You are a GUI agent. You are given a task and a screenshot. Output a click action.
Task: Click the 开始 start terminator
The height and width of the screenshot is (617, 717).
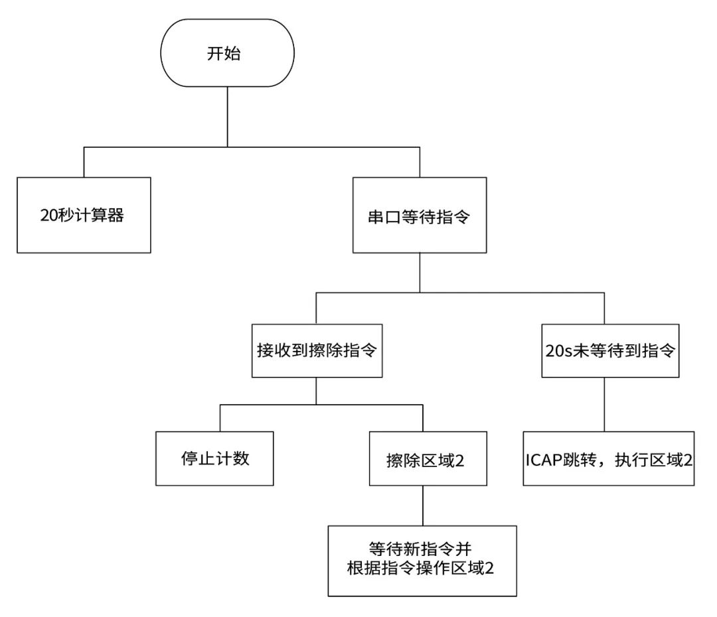(x=228, y=54)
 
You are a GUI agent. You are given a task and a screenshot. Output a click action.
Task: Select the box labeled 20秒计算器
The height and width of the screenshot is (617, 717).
(x=84, y=214)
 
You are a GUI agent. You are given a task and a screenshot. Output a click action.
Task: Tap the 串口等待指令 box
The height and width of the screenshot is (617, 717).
(x=419, y=214)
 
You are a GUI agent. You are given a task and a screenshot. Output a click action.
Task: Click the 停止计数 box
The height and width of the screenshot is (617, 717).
(x=214, y=458)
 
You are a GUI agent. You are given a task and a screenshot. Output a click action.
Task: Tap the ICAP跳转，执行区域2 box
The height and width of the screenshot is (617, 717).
(x=609, y=458)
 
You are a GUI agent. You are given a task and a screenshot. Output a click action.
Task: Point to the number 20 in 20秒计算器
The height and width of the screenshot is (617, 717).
(x=48, y=215)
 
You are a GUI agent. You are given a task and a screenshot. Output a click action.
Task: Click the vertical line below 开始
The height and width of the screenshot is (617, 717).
(x=228, y=116)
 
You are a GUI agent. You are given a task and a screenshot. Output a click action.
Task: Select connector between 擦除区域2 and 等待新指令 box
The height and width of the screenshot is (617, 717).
(x=423, y=506)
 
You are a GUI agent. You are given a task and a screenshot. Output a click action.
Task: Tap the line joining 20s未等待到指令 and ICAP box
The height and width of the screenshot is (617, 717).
(x=604, y=405)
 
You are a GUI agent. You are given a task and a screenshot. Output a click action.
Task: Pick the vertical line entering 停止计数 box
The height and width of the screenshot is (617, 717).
(x=220, y=417)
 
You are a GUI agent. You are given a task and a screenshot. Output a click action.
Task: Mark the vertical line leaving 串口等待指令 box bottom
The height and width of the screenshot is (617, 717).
(x=419, y=272)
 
